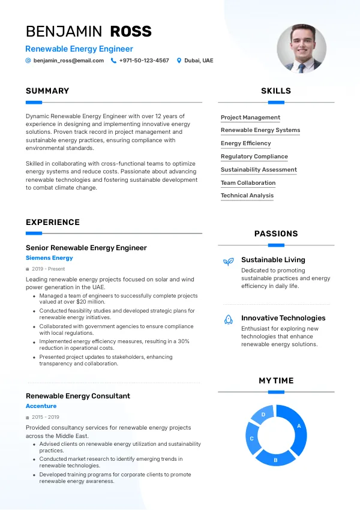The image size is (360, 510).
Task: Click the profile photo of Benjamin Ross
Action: (x=301, y=49)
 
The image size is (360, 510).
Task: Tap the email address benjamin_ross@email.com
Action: (x=64, y=61)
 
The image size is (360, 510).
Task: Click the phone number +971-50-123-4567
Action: (x=144, y=61)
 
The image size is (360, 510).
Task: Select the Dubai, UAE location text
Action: (x=199, y=61)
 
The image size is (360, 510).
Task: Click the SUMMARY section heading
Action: (x=47, y=91)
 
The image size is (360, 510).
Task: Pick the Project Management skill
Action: (x=250, y=118)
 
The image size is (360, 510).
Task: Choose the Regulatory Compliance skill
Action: (x=254, y=157)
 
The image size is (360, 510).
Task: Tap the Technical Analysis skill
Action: (x=247, y=196)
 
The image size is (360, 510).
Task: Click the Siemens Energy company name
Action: (x=49, y=258)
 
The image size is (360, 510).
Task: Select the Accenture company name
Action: (x=41, y=406)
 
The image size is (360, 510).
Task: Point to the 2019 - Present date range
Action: (x=48, y=269)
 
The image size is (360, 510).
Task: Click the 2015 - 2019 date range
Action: (x=46, y=417)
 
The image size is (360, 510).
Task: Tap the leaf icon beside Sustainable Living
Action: (x=228, y=262)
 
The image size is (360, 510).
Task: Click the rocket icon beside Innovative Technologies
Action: (x=228, y=319)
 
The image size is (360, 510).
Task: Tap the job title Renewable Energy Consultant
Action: (x=78, y=396)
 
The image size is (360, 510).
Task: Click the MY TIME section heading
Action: (x=276, y=381)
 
